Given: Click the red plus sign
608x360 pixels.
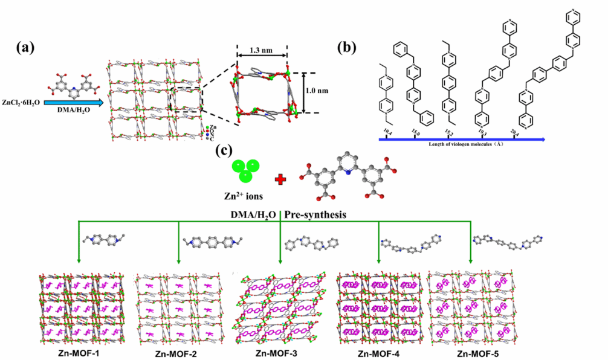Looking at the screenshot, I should click(280, 180).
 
